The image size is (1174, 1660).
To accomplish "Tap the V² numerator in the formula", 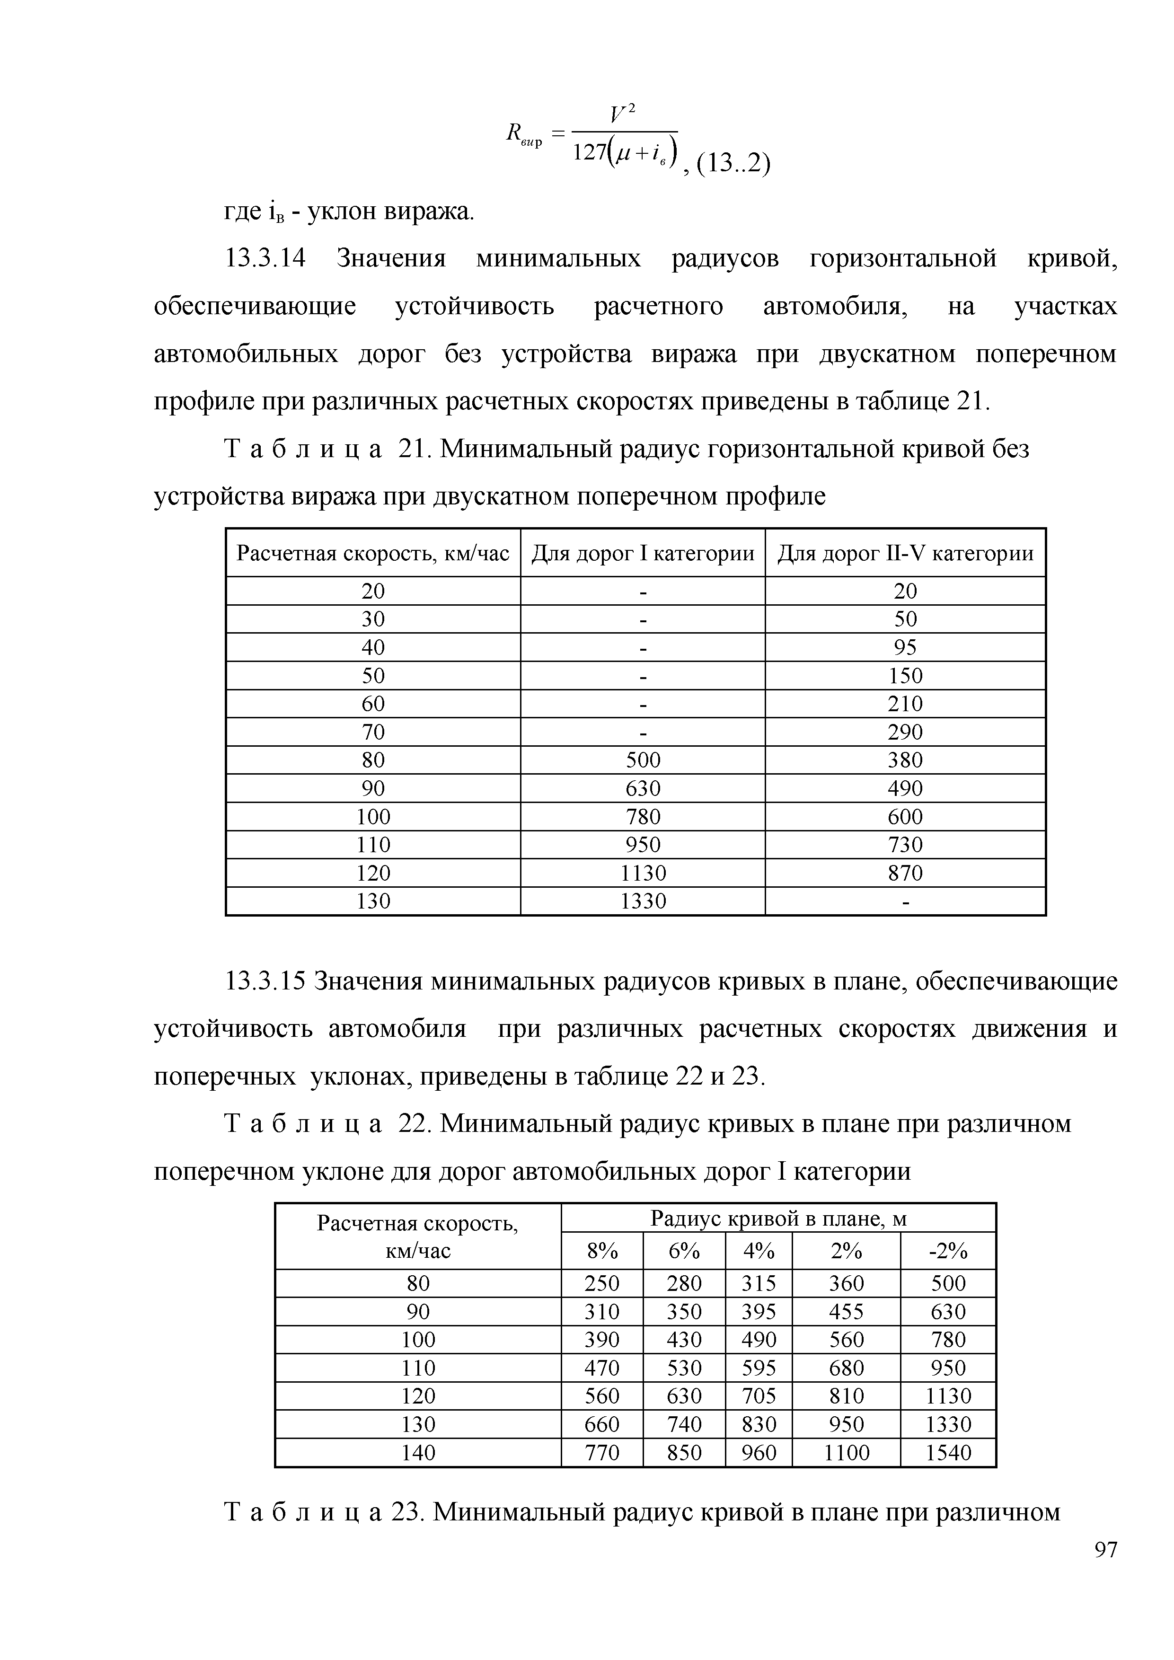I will point(622,114).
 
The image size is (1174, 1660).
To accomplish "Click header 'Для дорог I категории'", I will point(643,554).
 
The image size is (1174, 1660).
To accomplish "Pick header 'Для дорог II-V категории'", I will point(905,554).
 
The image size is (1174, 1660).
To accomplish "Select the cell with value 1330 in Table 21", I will point(643,901).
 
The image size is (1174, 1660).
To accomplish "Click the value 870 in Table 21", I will point(905,873).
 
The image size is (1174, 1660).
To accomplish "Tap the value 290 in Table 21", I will point(905,732).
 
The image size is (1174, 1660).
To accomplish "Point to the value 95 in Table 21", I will point(905,647).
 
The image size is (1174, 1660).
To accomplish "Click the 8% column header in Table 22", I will point(601,1250).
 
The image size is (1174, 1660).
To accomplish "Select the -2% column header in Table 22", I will point(948,1250).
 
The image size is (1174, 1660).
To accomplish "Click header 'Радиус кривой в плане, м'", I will point(778,1219).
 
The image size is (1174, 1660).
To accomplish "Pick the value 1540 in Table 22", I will point(948,1452).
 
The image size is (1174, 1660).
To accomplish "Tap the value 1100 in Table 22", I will point(847,1452).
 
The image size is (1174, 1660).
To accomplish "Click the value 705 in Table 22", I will point(759,1395).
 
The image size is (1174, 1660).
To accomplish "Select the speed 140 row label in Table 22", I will point(418,1452).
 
